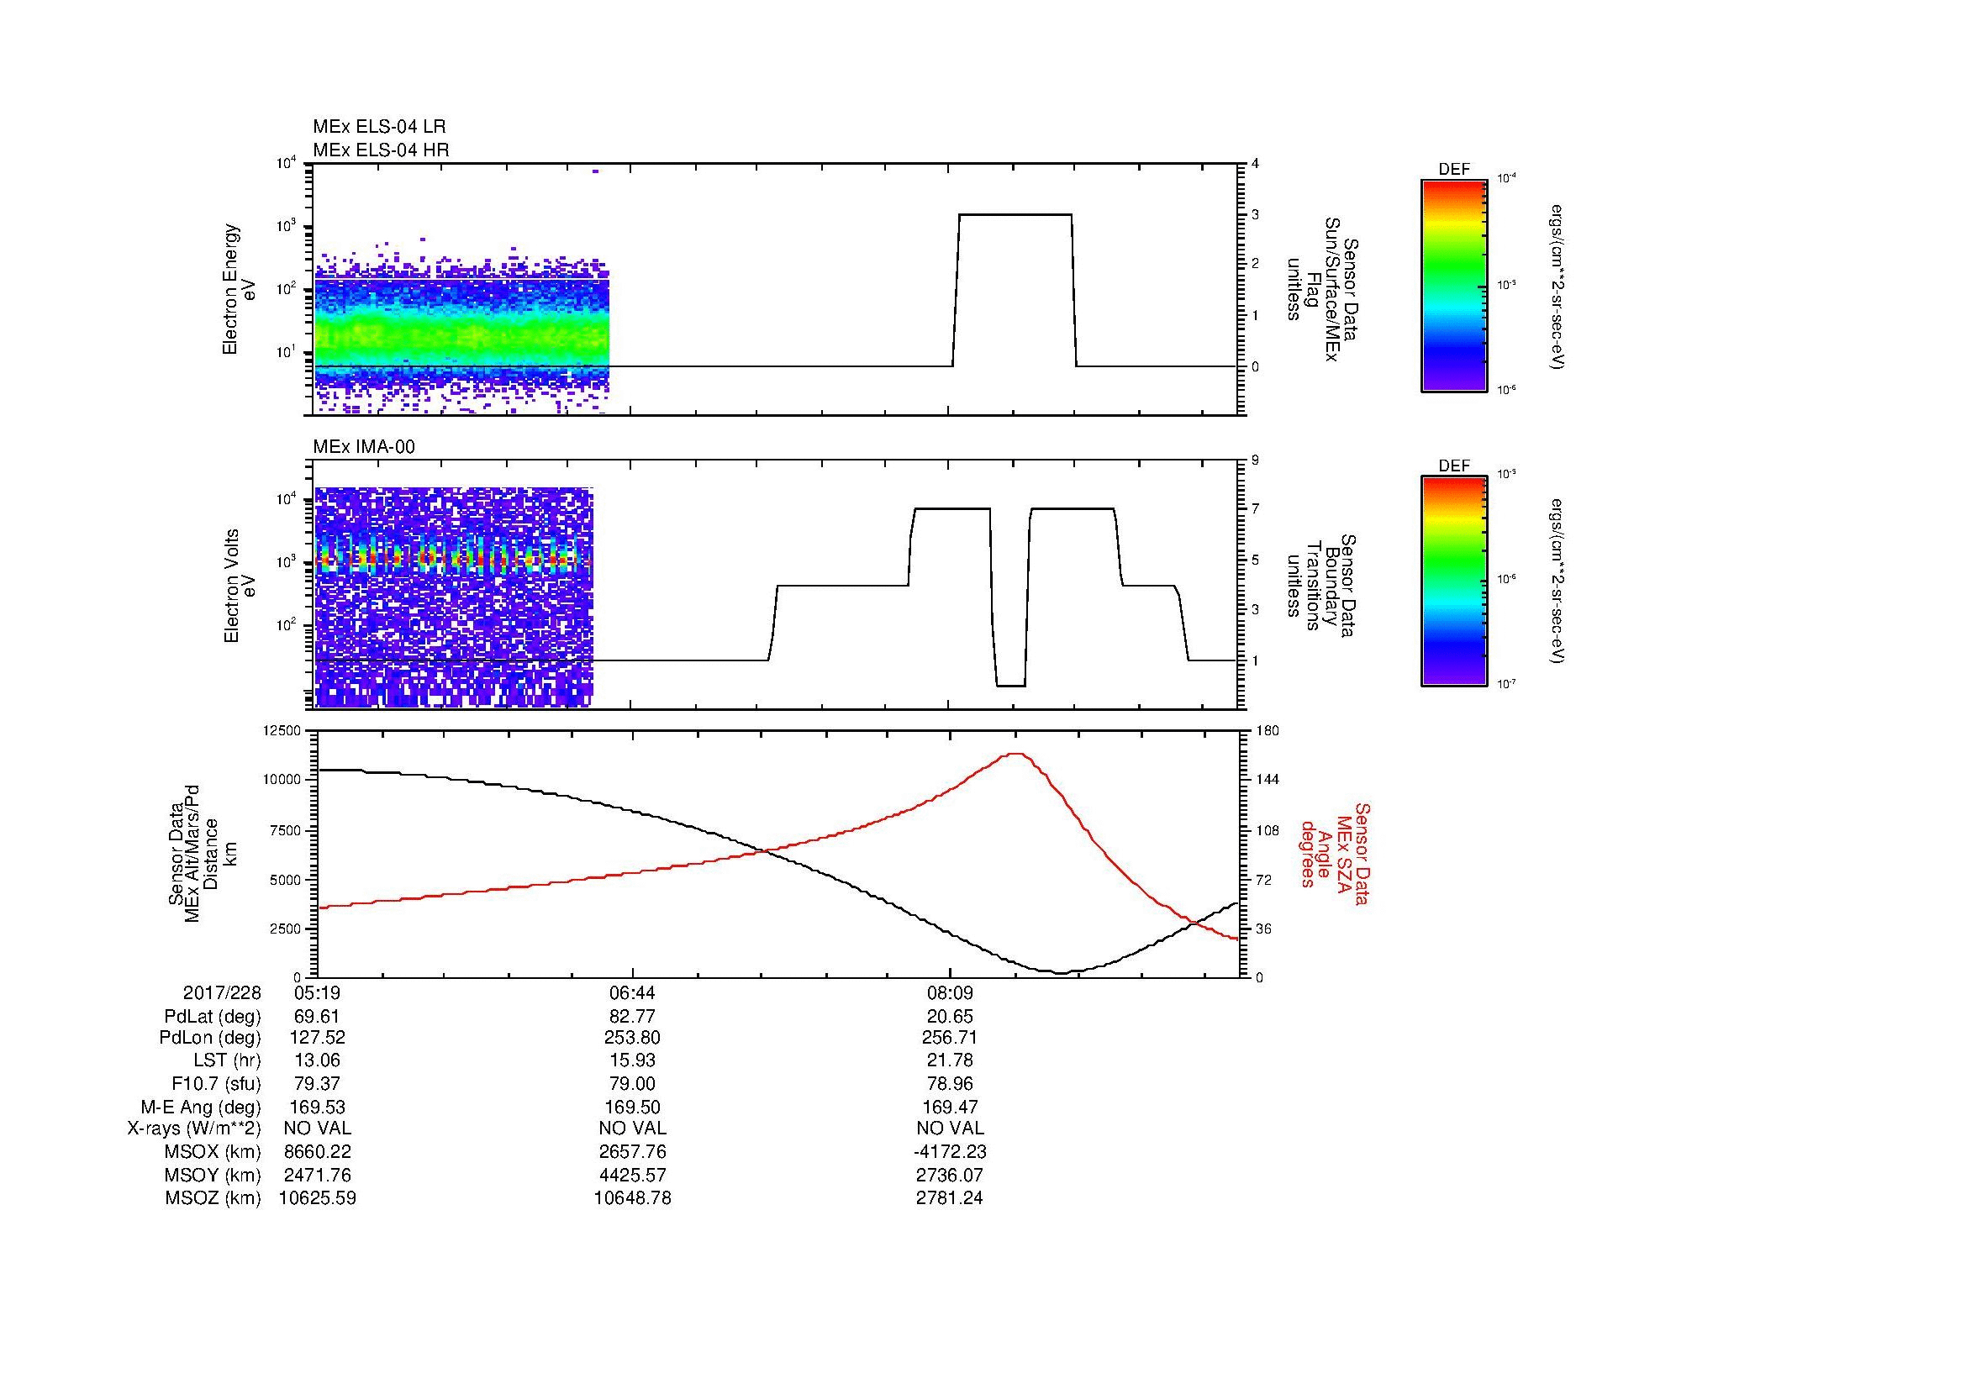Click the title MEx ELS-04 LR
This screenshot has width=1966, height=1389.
pos(378,127)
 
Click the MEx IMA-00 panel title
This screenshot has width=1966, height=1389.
pos(363,447)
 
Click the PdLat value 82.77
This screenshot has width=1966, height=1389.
pos(632,1017)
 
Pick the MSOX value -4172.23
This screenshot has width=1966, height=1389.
pos(950,1152)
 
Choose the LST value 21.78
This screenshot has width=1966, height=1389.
pos(950,1060)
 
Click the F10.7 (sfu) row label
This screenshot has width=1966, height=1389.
pos(216,1083)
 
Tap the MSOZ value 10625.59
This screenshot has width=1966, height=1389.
pos(317,1198)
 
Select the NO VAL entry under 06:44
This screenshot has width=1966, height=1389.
pos(632,1129)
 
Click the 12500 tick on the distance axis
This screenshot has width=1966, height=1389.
pos(282,731)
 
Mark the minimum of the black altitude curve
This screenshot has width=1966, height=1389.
pos(1060,973)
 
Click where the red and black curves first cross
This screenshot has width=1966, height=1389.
pos(765,850)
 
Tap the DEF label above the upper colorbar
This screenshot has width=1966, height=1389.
pos(1453,170)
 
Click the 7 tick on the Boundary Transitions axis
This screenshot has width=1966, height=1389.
pos(1254,509)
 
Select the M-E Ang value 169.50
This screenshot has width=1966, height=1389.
pos(632,1107)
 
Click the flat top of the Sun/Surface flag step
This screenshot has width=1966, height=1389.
pos(1015,215)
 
